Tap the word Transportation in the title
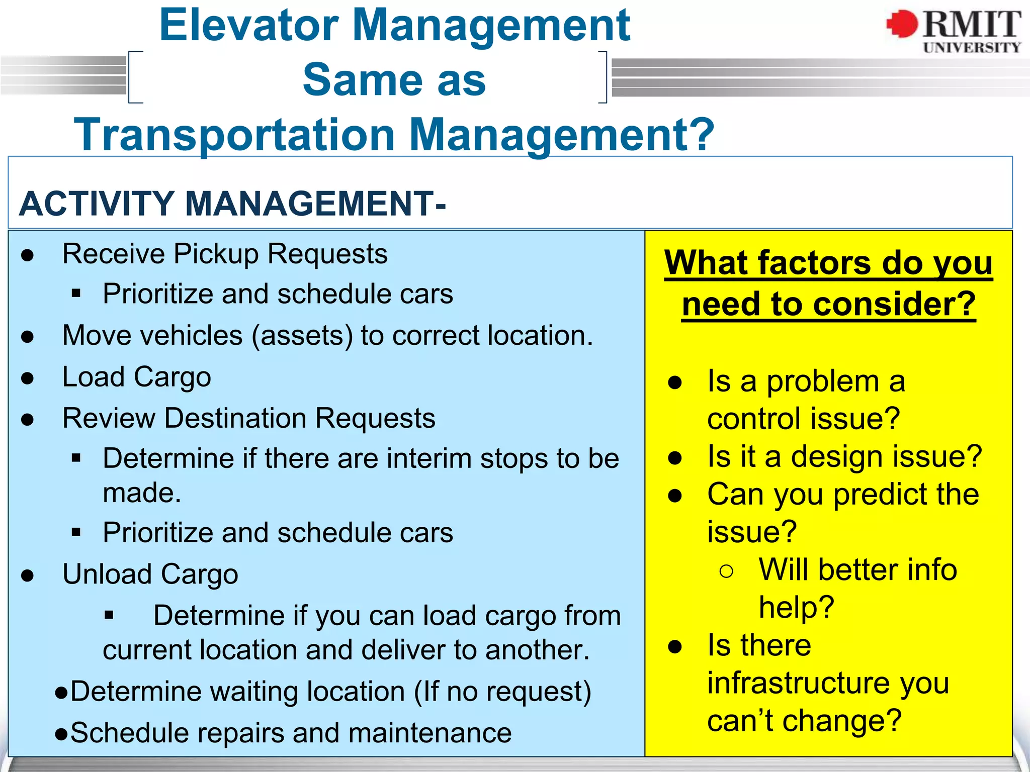(234, 134)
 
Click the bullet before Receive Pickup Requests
(28, 255)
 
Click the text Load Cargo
(136, 377)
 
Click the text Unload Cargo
(150, 574)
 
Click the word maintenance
(430, 733)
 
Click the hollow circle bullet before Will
(726, 571)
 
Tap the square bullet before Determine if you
(109, 615)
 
